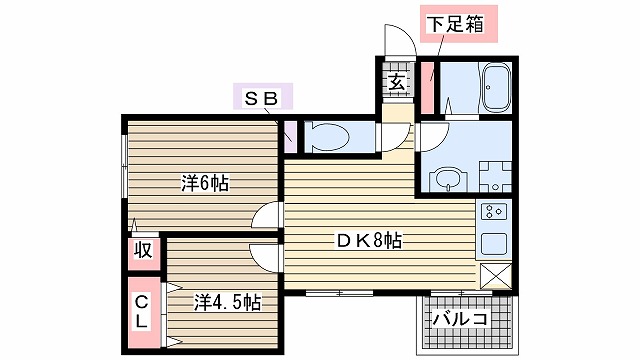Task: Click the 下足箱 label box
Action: [x=459, y=24]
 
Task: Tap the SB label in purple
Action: [x=262, y=96]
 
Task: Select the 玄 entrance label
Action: [x=396, y=82]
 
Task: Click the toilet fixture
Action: [x=327, y=137]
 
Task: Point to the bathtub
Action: [x=496, y=88]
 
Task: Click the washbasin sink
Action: [x=448, y=179]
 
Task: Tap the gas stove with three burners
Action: [x=493, y=211]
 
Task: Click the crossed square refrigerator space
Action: [x=496, y=276]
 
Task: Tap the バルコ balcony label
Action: [x=461, y=318]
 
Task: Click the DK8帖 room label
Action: [x=369, y=240]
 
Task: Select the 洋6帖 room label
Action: [x=205, y=183]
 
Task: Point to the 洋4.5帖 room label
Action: [x=227, y=302]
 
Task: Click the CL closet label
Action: [x=141, y=312]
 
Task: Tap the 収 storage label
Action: [x=143, y=250]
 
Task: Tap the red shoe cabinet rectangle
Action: [x=427, y=88]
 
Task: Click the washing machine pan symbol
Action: [x=496, y=177]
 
